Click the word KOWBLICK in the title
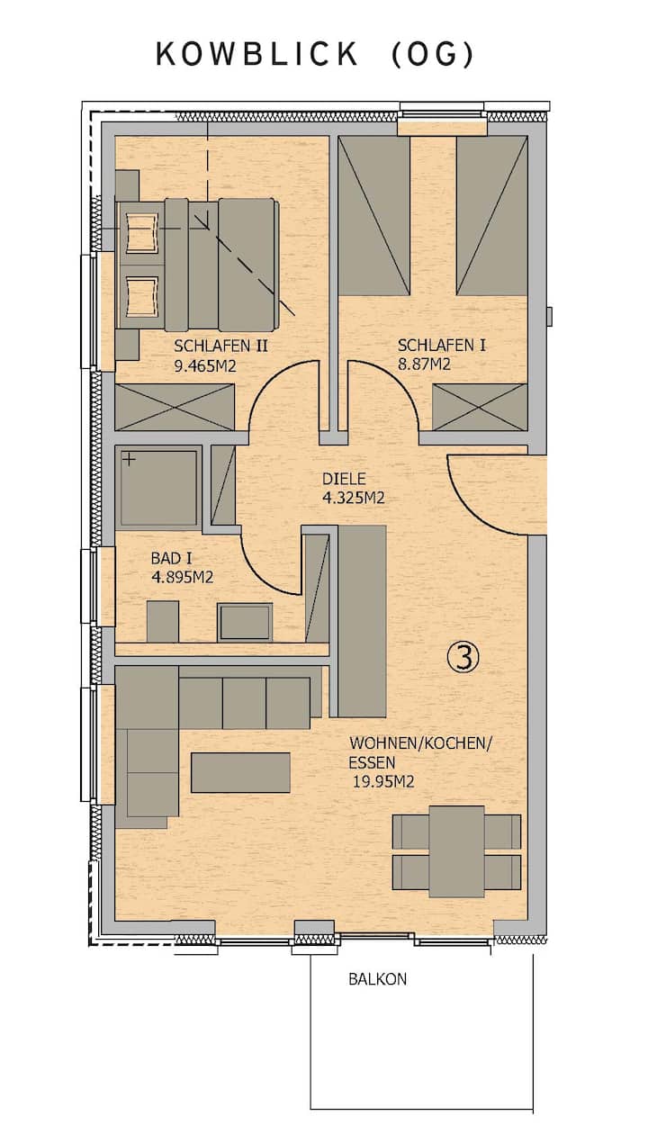(256, 54)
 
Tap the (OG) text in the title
(433, 55)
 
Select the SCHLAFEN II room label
(220, 346)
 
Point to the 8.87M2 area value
(424, 364)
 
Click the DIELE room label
(345, 479)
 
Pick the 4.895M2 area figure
(182, 577)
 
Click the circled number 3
(463, 657)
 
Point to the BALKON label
(378, 979)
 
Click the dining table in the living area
(456, 851)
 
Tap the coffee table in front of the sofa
(240, 772)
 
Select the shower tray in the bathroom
(158, 488)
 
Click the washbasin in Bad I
(245, 622)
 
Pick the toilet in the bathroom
(163, 621)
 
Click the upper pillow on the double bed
(140, 233)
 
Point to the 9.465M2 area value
(205, 366)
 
